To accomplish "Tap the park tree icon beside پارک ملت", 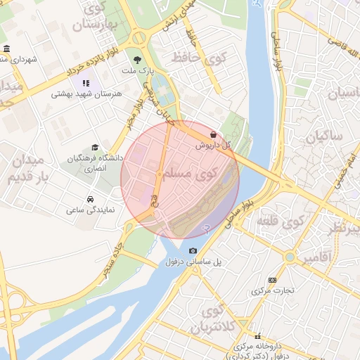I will tap(137, 60).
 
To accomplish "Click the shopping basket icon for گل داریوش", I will tap(213, 134).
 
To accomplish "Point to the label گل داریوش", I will tap(213, 145).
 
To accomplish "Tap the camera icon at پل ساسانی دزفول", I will tap(193, 250).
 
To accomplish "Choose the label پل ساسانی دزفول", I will tap(193, 262).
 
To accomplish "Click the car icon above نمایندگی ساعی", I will tap(90, 199).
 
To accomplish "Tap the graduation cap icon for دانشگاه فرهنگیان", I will tap(95, 147).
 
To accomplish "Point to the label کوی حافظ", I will tap(205, 58).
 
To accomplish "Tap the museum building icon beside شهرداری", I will tap(6, 49).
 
